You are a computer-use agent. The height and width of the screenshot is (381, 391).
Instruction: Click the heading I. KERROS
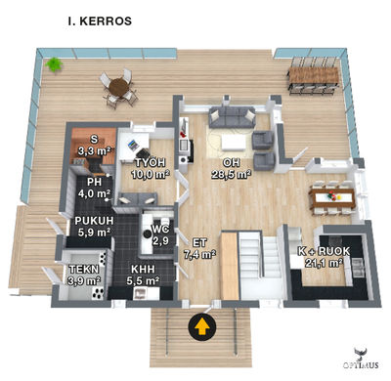coord(100,20)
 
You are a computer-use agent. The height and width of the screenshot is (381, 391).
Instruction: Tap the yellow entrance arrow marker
coord(202,326)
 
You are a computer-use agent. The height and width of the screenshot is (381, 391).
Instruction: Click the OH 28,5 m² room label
coord(232,169)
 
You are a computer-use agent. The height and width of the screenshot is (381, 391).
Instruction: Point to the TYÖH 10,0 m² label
coord(151,168)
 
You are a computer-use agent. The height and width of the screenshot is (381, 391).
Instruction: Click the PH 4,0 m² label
coord(94,188)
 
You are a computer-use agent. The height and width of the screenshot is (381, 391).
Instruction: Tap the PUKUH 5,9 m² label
coord(94,228)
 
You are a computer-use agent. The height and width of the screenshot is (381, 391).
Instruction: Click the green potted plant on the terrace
coord(55,64)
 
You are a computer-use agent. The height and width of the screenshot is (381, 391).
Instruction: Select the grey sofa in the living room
coord(235,118)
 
